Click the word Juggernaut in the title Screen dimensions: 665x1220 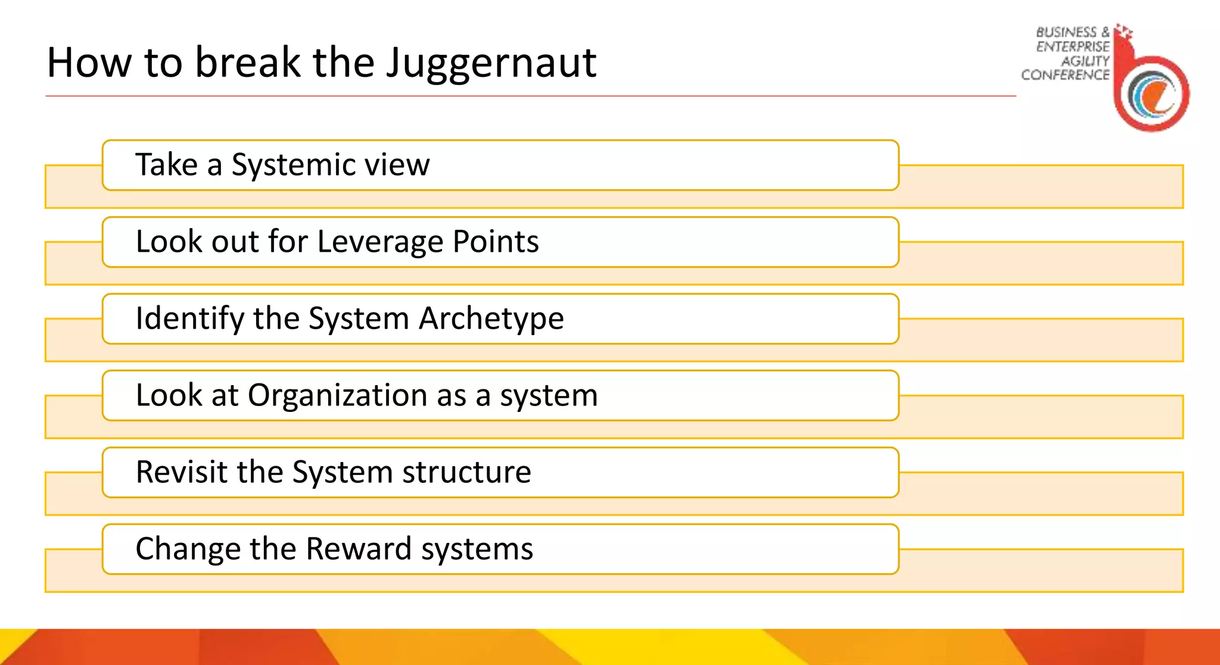pyautogui.click(x=491, y=63)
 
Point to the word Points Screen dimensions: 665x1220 pyautogui.click(x=496, y=242)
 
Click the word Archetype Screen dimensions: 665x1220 pyautogui.click(x=491, y=319)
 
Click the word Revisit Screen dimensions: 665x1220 pyautogui.click(x=182, y=472)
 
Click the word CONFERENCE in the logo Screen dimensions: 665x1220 pyautogui.click(x=1065, y=75)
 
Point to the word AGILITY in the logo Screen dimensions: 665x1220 pyautogui.click(x=1085, y=61)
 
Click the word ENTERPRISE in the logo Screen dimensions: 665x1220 pyautogui.click(x=1073, y=46)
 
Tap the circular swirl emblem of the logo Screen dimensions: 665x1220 pyautogui.click(x=1153, y=94)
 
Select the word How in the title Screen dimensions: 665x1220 pyautogui.click(x=89, y=63)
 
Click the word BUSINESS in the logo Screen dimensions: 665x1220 pyautogui.click(x=1066, y=32)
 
